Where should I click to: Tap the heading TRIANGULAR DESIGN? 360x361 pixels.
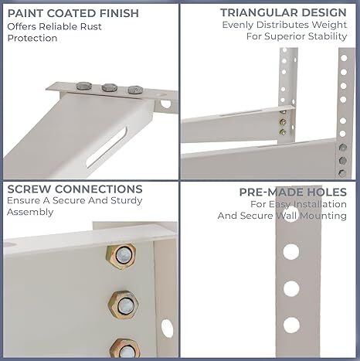(283, 12)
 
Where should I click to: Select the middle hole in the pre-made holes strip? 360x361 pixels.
(291, 289)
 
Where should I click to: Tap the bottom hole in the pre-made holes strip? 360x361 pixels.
(291, 325)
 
